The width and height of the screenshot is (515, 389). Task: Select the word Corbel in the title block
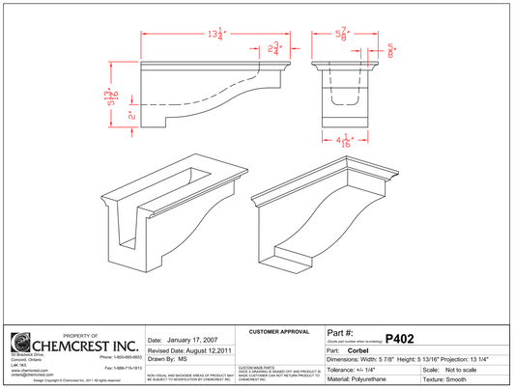coord(361,349)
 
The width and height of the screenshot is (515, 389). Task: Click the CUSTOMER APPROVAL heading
coord(279,331)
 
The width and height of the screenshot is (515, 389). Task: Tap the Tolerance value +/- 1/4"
coord(375,368)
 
